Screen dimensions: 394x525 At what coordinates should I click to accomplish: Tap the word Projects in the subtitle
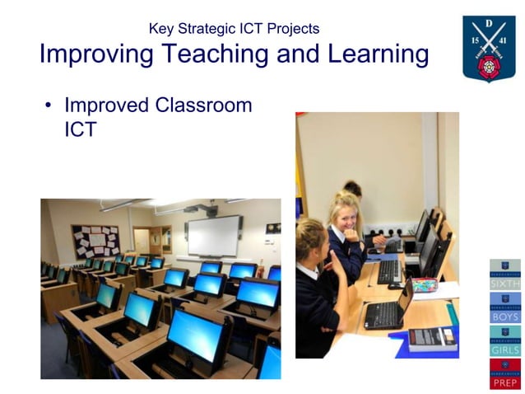pos(293,29)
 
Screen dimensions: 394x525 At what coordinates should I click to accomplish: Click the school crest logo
pos(489,48)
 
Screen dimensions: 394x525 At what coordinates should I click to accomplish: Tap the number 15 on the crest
pos(475,40)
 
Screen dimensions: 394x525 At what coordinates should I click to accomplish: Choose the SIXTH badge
pos(504,274)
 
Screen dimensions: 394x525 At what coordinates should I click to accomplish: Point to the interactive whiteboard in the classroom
pos(213,236)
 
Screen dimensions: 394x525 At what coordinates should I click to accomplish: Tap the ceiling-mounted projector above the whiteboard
pos(192,209)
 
